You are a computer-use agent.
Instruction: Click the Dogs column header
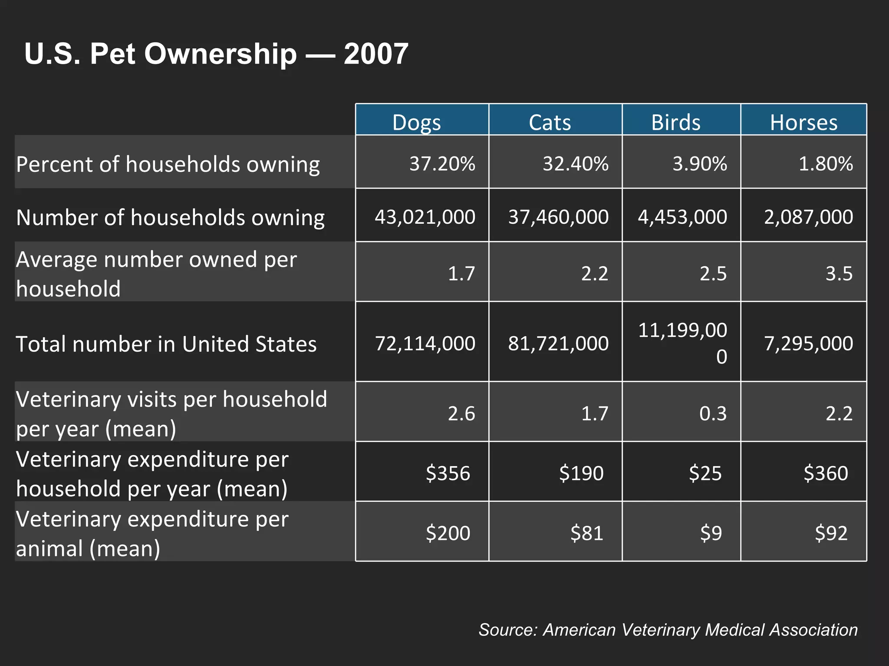[417, 122]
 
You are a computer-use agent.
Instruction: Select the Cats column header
[550, 122]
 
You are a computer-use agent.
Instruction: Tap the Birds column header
[676, 122]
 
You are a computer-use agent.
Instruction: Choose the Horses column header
[803, 122]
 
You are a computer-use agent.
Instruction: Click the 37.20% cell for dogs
[442, 164]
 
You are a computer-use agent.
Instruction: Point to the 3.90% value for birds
[699, 164]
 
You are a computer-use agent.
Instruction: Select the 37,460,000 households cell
[558, 217]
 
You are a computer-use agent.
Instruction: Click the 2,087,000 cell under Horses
[808, 217]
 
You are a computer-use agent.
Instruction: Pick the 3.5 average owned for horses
[839, 274]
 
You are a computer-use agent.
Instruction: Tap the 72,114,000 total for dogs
[425, 343]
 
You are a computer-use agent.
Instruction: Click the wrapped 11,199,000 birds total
[682, 343]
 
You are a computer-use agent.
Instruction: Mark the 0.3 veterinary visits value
[713, 413]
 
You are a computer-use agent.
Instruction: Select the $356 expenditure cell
[448, 473]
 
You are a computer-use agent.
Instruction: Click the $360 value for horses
[826, 473]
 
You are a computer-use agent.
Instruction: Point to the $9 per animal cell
[711, 533]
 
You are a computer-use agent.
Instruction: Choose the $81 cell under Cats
[586, 533]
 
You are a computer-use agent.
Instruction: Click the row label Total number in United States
[166, 344]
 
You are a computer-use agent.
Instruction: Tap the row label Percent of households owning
[168, 164]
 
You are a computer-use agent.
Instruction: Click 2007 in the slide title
[376, 54]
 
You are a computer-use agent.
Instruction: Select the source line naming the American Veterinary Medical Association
[668, 630]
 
